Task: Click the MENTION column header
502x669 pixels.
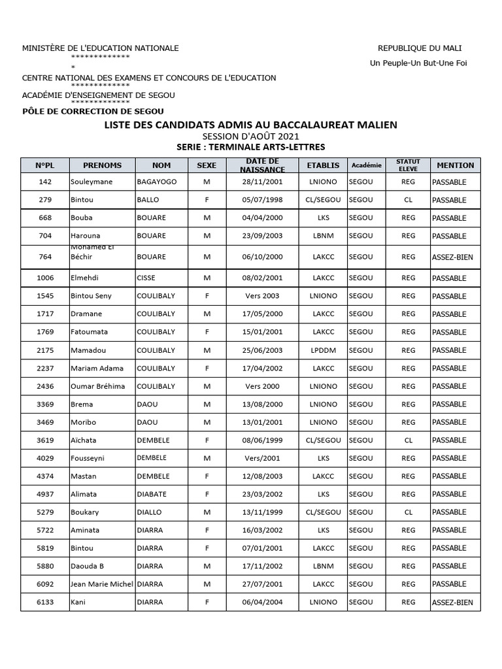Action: [456, 165]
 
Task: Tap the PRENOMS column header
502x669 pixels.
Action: [102, 165]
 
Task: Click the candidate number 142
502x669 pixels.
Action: [45, 182]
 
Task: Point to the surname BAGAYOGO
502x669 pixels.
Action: [157, 182]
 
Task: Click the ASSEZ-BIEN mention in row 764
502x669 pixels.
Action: [452, 257]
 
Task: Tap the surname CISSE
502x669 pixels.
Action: [147, 278]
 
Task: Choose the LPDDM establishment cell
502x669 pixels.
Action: [323, 350]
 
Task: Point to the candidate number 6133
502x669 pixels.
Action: [45, 602]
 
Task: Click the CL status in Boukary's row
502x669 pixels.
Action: [409, 512]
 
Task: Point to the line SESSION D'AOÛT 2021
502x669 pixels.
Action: [250, 136]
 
